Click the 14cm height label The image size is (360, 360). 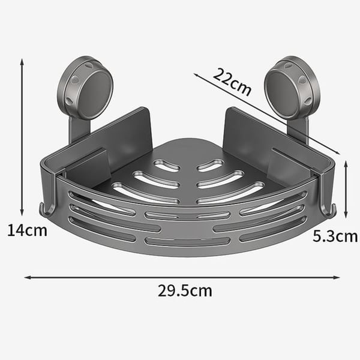pos(27,230)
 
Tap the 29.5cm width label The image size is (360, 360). pos(184,291)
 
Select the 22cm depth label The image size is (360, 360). pos(232,83)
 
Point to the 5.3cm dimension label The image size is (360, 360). pos(335,236)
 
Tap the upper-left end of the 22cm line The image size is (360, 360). pos(196,75)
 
